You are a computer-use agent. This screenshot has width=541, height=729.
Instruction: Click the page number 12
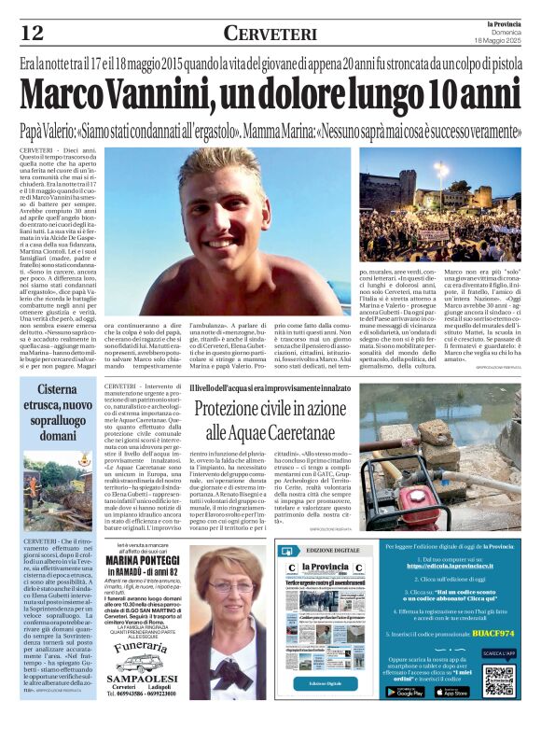tap(33, 33)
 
